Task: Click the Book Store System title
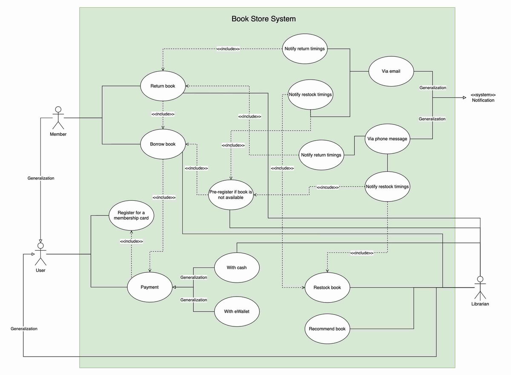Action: tap(263, 19)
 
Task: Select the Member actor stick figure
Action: tap(58, 118)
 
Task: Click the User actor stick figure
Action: tap(40, 254)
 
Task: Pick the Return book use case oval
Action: tap(163, 86)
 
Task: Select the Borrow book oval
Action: tap(163, 144)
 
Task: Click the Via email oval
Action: tap(391, 71)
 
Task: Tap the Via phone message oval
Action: tap(387, 138)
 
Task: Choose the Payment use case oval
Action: tap(149, 287)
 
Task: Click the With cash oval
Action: tap(236, 268)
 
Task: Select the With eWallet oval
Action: tap(236, 312)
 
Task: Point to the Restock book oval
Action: tap(327, 287)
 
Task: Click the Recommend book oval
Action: tap(327, 329)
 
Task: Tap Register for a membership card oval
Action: tap(131, 215)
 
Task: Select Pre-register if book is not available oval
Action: tap(230, 195)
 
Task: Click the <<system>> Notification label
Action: tap(483, 98)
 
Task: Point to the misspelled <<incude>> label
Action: tap(327, 187)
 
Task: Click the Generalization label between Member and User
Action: tap(41, 178)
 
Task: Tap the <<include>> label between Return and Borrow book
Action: tap(163, 114)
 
